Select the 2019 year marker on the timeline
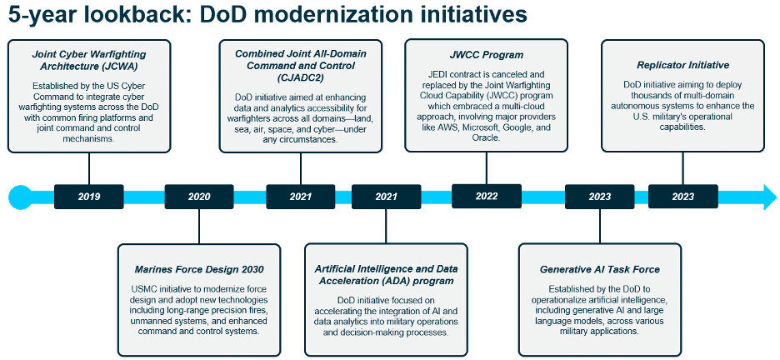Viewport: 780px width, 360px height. click(88, 197)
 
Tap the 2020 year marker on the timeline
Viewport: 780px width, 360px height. click(199, 197)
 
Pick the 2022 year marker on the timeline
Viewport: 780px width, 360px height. click(487, 197)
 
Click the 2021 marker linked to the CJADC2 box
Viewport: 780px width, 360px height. click(301, 197)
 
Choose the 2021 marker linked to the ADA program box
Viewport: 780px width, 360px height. click(386, 197)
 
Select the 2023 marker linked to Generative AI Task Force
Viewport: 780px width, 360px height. click(599, 197)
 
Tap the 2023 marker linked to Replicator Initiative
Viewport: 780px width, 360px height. click(682, 197)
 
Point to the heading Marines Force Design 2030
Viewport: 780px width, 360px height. click(199, 269)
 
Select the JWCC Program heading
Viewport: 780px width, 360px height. click(487, 54)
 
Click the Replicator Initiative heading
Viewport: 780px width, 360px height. click(682, 64)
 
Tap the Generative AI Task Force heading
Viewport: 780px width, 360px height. click(599, 269)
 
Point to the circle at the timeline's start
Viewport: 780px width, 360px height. click(20, 197)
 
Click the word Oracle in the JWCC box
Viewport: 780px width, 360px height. click(487, 137)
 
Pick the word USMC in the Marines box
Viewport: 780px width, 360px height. click(145, 287)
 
